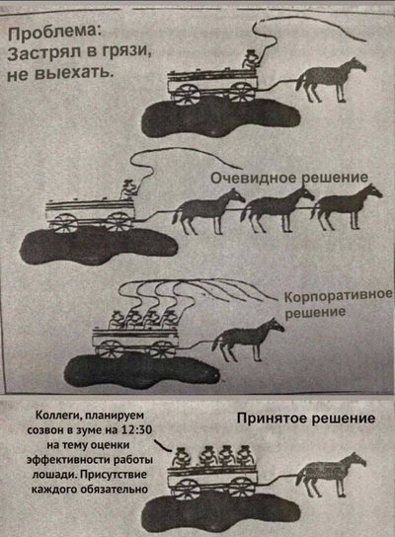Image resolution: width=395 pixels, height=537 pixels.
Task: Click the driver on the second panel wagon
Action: tap(125, 187)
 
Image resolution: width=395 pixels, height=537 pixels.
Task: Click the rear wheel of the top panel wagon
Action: tap(185, 95)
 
